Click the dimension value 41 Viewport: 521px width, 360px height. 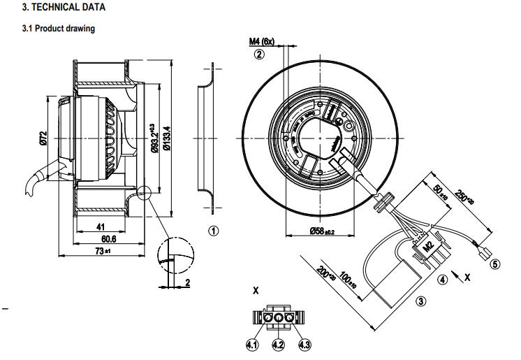(x=101, y=226)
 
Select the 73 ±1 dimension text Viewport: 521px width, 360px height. (x=103, y=250)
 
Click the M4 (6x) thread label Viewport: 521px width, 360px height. (x=261, y=41)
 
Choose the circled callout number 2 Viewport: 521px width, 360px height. (x=260, y=54)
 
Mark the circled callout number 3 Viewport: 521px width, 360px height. (x=420, y=301)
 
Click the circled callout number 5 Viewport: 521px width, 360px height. (x=495, y=264)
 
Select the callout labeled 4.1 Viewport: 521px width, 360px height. (x=253, y=343)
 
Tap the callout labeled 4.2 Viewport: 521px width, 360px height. (x=279, y=343)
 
